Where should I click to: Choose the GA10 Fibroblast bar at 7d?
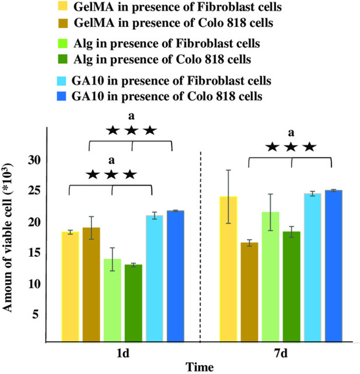pos(312,268)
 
